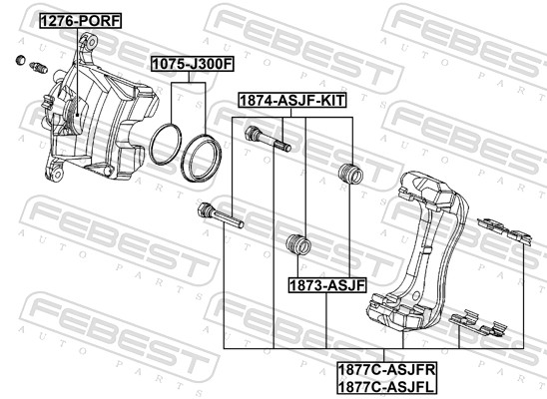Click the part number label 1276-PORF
click(x=75, y=20)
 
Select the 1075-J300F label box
click(x=191, y=64)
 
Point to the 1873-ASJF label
click(x=327, y=284)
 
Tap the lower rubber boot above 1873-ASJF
click(x=295, y=244)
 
